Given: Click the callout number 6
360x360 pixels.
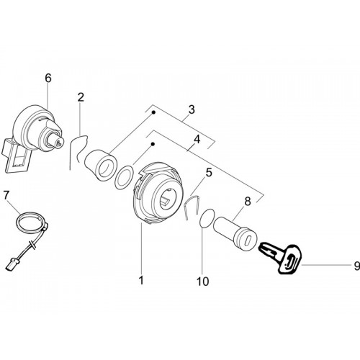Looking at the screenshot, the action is coord(48,78).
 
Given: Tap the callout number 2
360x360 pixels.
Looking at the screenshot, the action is coord(81,97).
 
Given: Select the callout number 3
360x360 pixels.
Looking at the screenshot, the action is coord(192,109).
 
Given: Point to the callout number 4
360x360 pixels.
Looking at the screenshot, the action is coord(197,140).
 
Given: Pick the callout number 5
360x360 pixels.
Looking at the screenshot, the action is coord(209,173).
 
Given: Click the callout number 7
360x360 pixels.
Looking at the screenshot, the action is coord(6,196).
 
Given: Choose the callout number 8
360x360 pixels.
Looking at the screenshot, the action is coord(248,202).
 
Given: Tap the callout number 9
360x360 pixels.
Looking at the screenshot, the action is coord(357,266).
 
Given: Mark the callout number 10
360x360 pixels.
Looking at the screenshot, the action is coord(203,281).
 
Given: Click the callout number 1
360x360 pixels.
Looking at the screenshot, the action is coord(141,280).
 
